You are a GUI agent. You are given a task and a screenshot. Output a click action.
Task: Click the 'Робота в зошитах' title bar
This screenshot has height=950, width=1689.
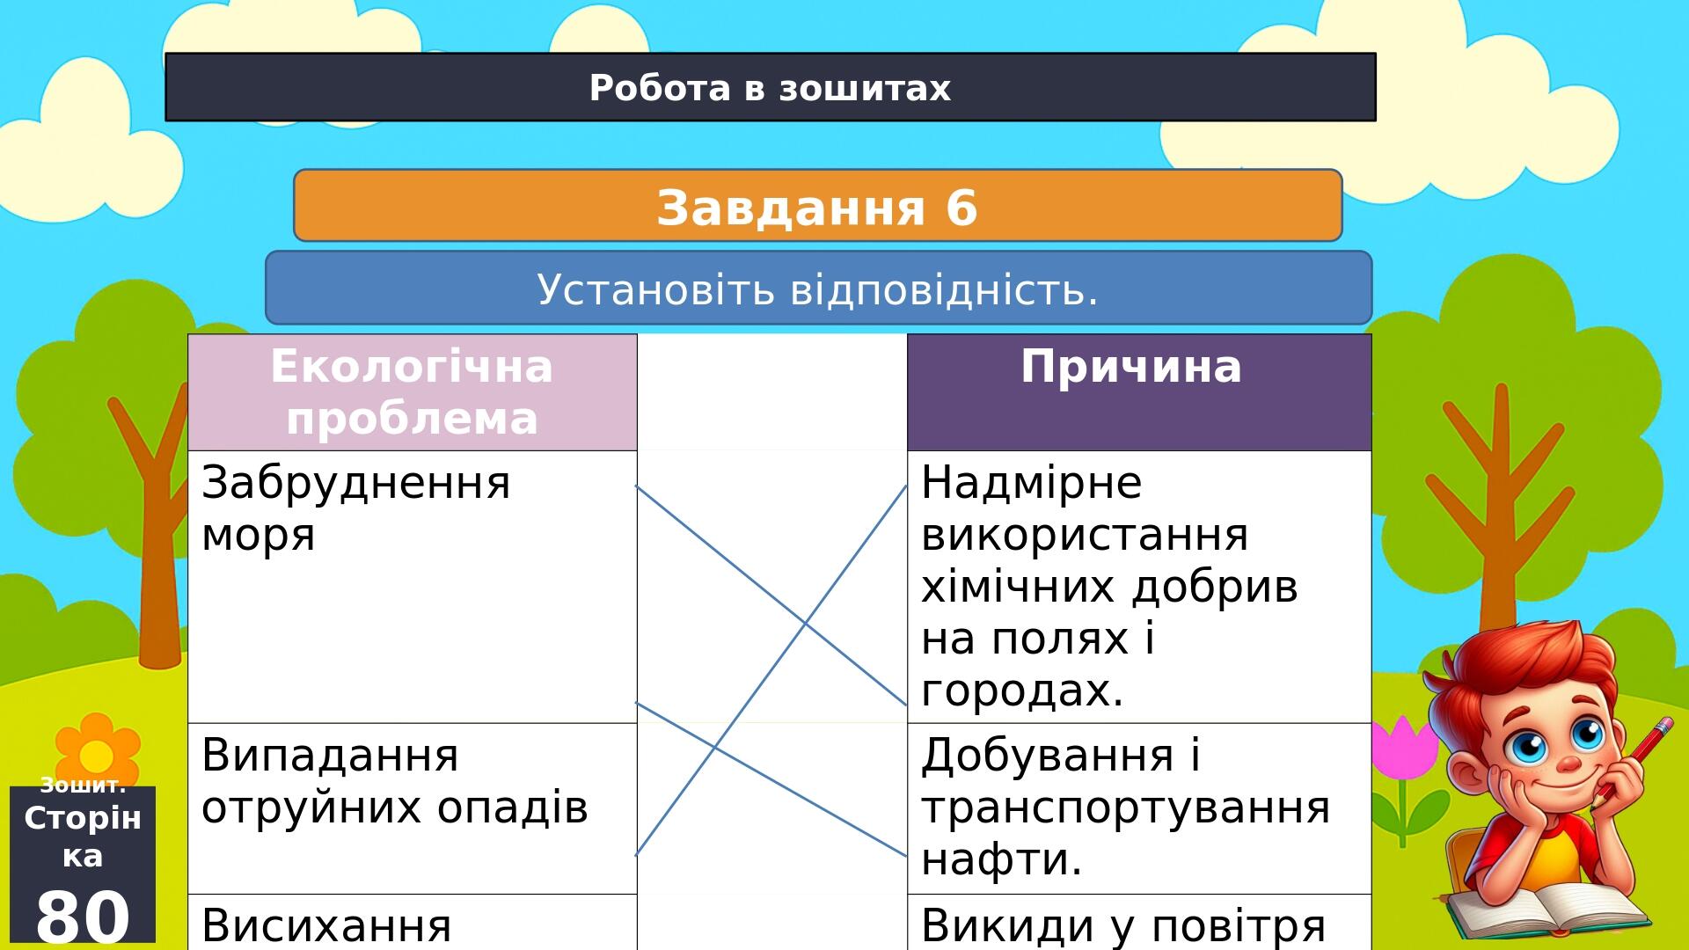point(770,87)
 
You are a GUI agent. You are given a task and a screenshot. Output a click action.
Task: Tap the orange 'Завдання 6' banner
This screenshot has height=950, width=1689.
point(817,205)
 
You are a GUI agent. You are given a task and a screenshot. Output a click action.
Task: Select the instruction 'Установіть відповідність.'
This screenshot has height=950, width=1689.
point(818,288)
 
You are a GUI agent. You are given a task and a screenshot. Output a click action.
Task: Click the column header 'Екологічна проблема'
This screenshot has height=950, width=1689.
point(412,392)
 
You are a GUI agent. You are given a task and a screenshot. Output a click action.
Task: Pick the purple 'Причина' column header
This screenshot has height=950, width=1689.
point(1139,392)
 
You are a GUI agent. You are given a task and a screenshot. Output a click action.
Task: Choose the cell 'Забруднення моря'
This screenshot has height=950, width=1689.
point(412,587)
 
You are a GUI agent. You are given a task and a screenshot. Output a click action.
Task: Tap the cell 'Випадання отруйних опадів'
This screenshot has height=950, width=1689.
point(412,808)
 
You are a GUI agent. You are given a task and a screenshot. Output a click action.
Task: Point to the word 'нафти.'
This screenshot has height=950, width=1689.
point(1002,859)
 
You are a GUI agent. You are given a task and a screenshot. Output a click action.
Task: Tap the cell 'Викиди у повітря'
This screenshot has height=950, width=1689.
point(1139,922)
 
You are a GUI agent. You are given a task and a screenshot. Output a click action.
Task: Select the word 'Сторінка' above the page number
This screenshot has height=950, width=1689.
point(83,837)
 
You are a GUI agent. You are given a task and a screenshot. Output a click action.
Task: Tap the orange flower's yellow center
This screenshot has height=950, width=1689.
point(95,756)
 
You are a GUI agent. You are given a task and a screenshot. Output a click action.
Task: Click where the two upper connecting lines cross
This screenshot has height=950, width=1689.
point(805,625)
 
